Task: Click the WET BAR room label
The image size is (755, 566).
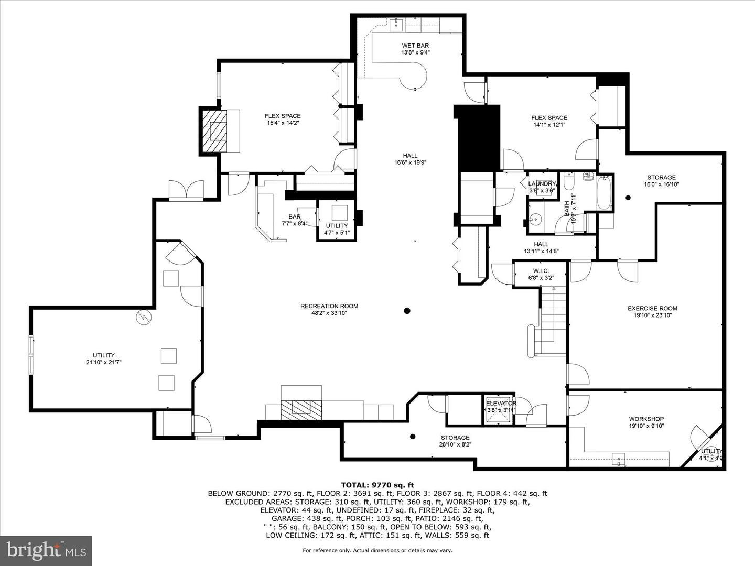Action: pyautogui.click(x=415, y=46)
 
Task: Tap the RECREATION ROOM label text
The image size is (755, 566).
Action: pyautogui.click(x=329, y=306)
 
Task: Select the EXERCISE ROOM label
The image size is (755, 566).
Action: pyautogui.click(x=652, y=308)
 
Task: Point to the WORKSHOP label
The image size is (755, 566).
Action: pyautogui.click(x=646, y=419)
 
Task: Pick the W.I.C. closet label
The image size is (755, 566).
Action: pyautogui.click(x=541, y=271)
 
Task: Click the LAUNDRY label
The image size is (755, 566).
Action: pyautogui.click(x=542, y=183)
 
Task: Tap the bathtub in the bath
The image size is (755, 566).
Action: pyautogui.click(x=604, y=193)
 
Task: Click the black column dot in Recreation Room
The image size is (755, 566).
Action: pyautogui.click(x=407, y=311)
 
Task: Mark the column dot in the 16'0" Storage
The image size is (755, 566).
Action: pyautogui.click(x=628, y=198)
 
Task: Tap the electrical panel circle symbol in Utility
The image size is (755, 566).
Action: pyautogui.click(x=143, y=318)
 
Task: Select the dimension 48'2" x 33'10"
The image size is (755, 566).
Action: pyautogui.click(x=329, y=313)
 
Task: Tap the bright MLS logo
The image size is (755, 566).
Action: pyautogui.click(x=46, y=550)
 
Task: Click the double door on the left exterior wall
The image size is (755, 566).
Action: pyautogui.click(x=186, y=190)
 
